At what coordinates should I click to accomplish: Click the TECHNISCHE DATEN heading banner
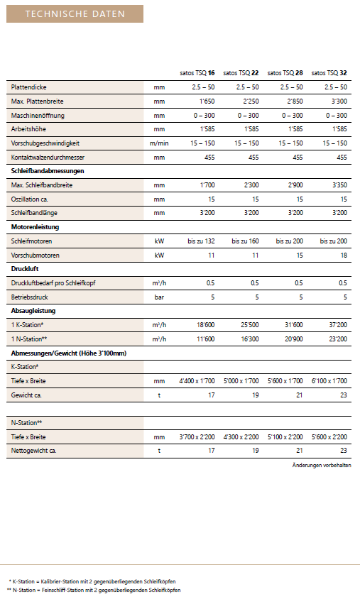[75, 13]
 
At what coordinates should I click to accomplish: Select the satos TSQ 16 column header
[197, 73]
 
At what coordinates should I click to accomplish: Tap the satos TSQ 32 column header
[329, 73]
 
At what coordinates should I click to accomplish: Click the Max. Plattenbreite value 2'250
[251, 101]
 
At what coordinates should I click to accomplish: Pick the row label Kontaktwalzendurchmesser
[48, 158]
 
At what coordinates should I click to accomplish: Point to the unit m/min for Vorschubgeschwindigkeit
[159, 143]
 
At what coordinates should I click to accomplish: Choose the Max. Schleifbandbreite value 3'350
[339, 185]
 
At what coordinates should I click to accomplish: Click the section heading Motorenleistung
[36, 227]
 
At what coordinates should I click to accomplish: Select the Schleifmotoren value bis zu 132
[201, 241]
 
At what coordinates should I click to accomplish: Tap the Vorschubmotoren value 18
[344, 255]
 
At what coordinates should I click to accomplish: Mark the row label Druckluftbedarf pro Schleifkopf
[53, 283]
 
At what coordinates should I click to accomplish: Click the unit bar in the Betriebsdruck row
[159, 297]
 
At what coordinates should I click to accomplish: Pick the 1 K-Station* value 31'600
[293, 325]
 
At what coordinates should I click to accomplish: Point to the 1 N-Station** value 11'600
[206, 339]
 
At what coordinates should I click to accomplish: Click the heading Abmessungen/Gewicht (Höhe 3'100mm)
[69, 353]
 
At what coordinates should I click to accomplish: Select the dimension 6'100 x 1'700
[329, 381]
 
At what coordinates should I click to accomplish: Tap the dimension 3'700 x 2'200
[197, 437]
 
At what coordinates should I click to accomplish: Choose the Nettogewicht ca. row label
[33, 451]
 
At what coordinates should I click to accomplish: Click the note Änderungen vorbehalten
[322, 466]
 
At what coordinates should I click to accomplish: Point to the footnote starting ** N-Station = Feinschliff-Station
[94, 590]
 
